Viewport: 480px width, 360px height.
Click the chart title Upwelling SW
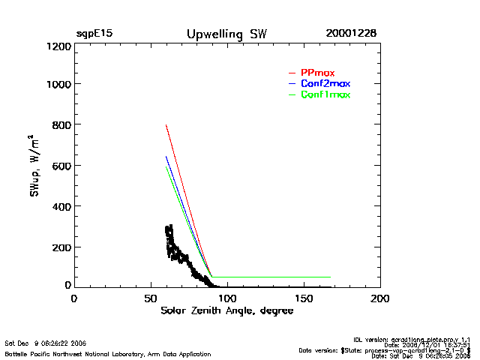click(x=226, y=34)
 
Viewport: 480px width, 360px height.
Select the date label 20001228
click(x=351, y=34)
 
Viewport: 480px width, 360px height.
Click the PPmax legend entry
click(x=317, y=73)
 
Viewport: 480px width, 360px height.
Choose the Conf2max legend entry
click(x=325, y=83)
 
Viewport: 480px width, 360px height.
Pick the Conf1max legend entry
click(x=325, y=94)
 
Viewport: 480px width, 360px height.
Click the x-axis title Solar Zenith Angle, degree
click(x=227, y=311)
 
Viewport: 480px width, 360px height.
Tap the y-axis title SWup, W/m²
click(x=34, y=166)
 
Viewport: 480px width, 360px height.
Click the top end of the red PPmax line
click(x=166, y=125)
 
